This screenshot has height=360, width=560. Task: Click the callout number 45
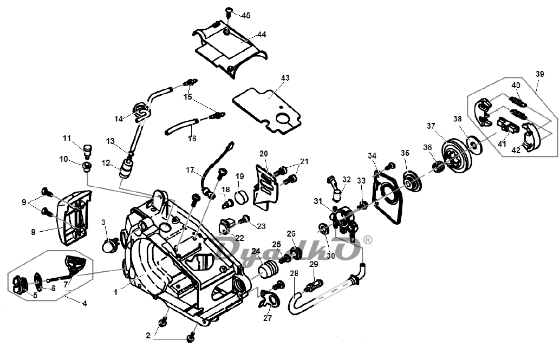246,15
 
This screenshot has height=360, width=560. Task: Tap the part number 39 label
539,74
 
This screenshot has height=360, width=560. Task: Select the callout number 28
294,274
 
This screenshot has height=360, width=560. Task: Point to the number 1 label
116,292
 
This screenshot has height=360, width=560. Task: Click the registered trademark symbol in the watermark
368,240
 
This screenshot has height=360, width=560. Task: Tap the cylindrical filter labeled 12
125,168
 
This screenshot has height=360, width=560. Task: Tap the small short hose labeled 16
181,127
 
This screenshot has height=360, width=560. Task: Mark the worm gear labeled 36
438,167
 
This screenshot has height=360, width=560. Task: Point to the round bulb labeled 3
108,245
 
